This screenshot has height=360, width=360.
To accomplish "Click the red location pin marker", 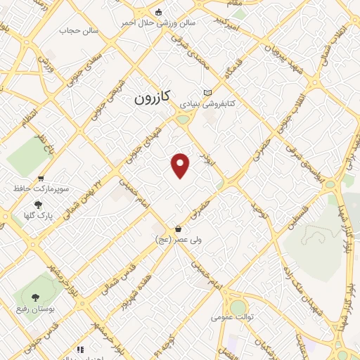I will click(x=181, y=166).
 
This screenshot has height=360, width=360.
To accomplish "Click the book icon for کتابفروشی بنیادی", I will click(x=207, y=92).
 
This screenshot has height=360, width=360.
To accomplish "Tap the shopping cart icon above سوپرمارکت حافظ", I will click(x=41, y=179).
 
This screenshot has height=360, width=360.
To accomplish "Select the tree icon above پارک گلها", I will click(x=37, y=205).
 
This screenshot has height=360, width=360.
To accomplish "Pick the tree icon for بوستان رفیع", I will click(x=37, y=298).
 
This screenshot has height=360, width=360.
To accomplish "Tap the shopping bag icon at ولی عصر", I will click(x=178, y=229).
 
